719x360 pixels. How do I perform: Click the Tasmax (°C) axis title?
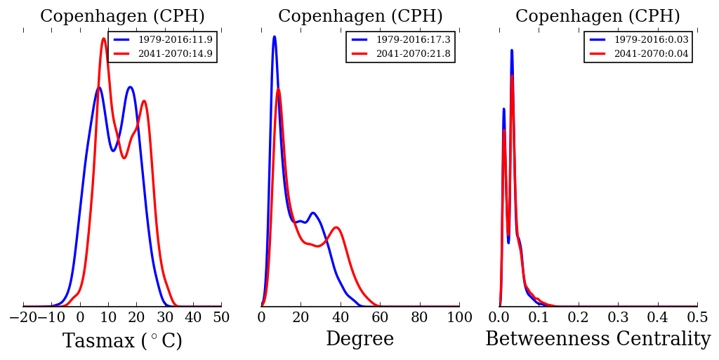point(122,341)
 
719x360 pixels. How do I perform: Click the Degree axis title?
point(359,340)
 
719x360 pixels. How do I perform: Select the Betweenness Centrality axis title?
point(598,340)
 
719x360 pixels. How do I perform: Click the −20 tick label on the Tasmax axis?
point(22,316)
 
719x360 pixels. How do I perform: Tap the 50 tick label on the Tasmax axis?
point(221,316)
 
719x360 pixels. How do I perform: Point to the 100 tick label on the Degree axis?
point(459,316)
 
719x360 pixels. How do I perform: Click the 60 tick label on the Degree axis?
point(380,316)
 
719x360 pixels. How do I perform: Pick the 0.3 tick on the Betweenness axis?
point(618,316)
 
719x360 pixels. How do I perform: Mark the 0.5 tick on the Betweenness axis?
point(697,316)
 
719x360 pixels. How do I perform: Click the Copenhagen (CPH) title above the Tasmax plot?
point(122,17)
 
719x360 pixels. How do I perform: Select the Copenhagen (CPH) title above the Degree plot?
point(360,17)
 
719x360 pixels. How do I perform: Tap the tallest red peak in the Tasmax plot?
point(104,39)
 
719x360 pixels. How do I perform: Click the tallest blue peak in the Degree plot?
point(274,36)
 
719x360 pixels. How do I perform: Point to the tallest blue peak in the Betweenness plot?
point(511,50)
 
